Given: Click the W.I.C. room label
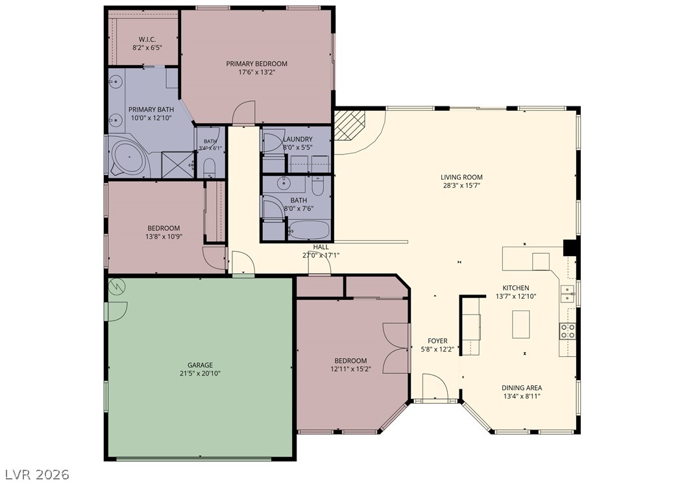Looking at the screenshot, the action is [147, 40].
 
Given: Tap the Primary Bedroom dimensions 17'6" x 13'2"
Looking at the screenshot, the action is [256, 72].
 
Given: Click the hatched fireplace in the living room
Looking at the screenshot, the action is [349, 125].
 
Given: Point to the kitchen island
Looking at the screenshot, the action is [521, 324].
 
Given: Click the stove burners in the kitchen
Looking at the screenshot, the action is [568, 332].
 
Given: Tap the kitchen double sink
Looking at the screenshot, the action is [567, 294].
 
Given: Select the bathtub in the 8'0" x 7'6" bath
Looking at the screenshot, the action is [308, 230].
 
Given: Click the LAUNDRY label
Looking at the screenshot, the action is [297, 139].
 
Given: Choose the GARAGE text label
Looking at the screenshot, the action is [201, 365].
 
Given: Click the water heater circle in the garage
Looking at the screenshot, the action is [116, 286].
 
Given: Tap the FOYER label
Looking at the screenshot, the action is [437, 341].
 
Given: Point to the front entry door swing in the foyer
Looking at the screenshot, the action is [435, 386].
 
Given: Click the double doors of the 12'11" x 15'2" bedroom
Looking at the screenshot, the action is [396, 348].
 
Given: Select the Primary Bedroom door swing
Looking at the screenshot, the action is [243, 113].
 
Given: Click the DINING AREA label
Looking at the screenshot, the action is [522, 388].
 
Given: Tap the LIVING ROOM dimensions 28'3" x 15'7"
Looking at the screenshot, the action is [461, 186].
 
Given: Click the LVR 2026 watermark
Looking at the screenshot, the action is [38, 474].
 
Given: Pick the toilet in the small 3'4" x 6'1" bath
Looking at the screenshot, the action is [210, 168].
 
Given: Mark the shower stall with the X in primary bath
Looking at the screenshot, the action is [177, 164].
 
